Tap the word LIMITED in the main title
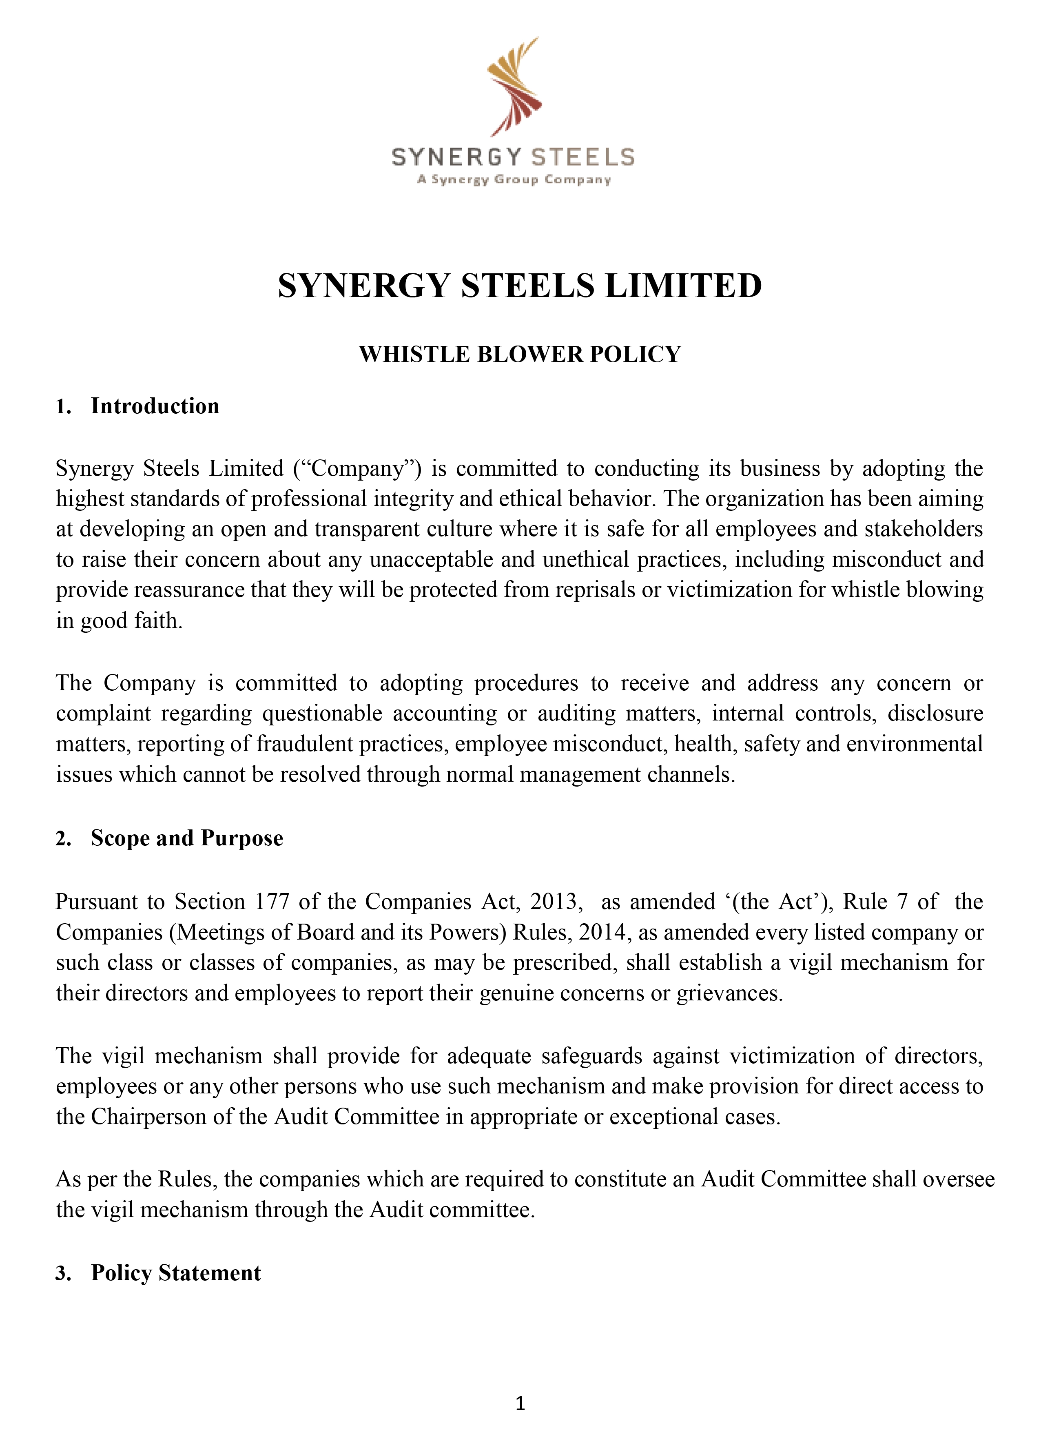(683, 286)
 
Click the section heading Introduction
(155, 406)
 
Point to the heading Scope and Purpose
(187, 838)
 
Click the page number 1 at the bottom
(520, 1403)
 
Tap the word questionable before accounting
(322, 714)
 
